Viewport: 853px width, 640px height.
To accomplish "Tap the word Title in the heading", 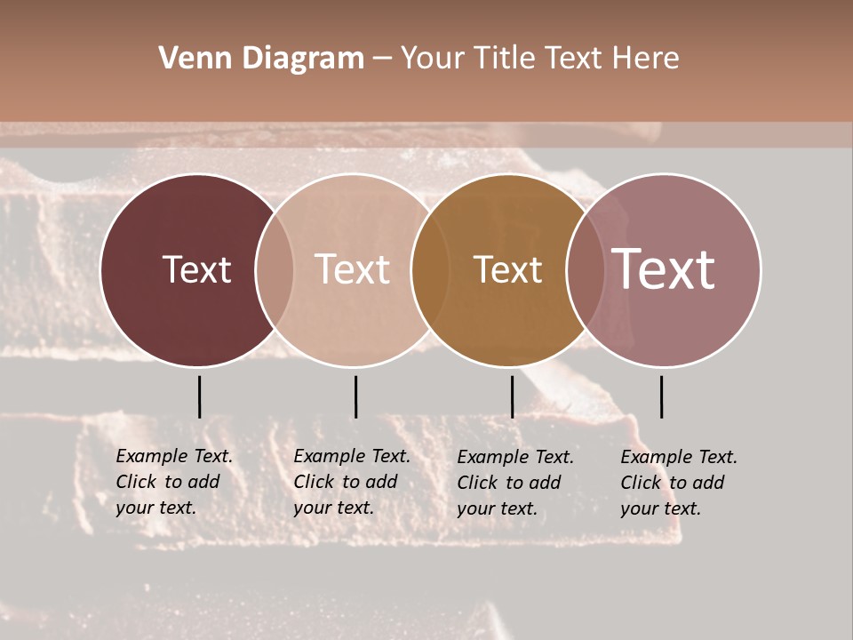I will [x=505, y=59].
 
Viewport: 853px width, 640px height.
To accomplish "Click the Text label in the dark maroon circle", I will [x=196, y=269].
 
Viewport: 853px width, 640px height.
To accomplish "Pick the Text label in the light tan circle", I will [x=352, y=269].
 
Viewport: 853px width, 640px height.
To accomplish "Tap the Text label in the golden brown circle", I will [x=507, y=269].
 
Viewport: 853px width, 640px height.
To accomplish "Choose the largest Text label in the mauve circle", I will [x=664, y=269].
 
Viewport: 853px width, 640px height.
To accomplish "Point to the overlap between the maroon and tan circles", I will [x=275, y=269].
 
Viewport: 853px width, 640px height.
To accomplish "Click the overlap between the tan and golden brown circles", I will [x=431, y=269].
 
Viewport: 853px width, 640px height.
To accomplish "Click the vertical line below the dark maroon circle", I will [x=200, y=396].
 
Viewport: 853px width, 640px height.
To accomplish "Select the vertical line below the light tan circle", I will [x=355, y=396].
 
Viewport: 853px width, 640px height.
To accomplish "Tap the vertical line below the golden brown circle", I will [x=512, y=396].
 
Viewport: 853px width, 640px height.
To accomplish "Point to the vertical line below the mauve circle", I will [x=661, y=396].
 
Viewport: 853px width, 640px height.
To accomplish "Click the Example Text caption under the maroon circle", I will [x=173, y=482].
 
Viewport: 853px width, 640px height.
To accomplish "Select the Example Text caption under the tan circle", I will [x=351, y=482].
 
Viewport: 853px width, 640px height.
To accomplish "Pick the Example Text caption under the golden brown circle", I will [x=514, y=483].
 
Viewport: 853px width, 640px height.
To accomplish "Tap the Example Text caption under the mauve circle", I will [x=678, y=483].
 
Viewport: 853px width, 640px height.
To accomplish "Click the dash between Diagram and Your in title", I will [x=382, y=60].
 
